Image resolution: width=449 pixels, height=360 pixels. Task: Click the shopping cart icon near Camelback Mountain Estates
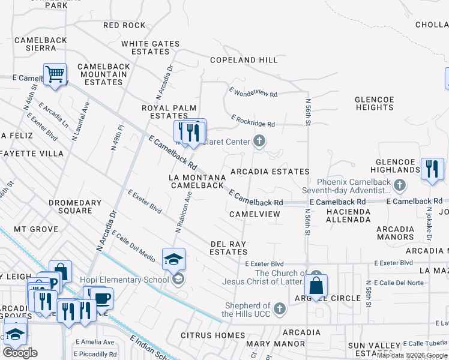click(x=55, y=75)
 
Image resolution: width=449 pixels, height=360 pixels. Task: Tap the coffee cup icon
click(x=101, y=298)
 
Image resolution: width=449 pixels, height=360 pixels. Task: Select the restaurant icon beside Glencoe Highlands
click(x=432, y=169)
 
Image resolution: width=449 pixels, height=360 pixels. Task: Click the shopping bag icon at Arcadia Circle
click(x=316, y=285)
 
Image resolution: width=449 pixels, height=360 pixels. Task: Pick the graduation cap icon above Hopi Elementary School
click(x=173, y=259)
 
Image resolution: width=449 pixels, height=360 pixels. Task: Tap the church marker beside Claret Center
click(x=259, y=142)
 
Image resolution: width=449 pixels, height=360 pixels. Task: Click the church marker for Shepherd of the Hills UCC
click(x=279, y=309)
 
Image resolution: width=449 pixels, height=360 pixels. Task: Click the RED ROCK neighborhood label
click(x=124, y=25)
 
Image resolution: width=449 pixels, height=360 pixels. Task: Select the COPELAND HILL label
click(x=244, y=60)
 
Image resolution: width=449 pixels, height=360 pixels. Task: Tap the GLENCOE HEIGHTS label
click(x=374, y=103)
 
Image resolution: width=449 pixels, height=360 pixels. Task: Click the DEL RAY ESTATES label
click(x=229, y=248)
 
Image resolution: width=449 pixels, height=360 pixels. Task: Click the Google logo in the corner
click(x=20, y=353)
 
